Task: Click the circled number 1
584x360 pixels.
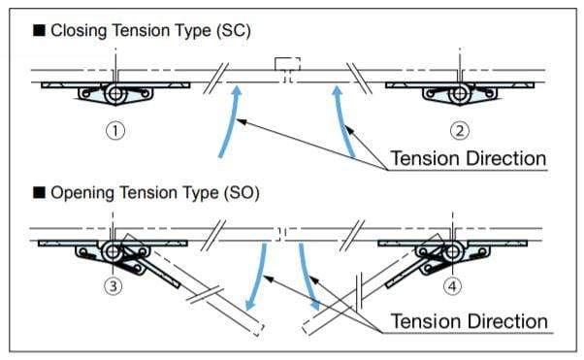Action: [115, 131]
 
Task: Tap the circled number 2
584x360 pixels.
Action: [459, 131]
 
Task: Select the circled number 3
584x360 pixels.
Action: [113, 286]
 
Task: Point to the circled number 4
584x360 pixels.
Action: [452, 286]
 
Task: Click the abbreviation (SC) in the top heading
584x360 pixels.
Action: [233, 30]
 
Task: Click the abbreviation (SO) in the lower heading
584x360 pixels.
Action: [242, 193]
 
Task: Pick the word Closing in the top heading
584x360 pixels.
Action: [79, 30]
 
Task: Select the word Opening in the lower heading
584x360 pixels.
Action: [82, 193]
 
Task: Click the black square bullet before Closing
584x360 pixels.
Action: [39, 30]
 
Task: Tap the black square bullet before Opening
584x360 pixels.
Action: [39, 193]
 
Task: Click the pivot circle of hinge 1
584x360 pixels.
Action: [115, 93]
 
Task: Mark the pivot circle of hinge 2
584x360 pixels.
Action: [459, 93]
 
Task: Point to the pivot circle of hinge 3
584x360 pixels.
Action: [112, 251]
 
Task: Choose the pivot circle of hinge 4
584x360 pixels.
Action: [453, 251]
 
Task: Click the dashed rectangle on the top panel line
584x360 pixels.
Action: [287, 64]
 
